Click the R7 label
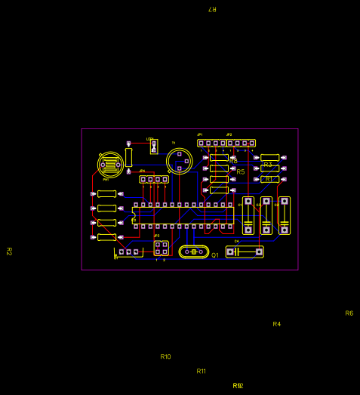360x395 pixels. coord(212,9)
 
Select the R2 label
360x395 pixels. coord(9,252)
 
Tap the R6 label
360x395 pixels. coord(349,313)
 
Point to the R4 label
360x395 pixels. coord(276,324)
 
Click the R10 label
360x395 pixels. coord(165,356)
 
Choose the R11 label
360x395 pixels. coord(201,371)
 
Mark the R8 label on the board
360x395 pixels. coord(234,161)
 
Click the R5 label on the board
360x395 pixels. coord(241,172)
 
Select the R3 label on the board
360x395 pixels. coord(268,165)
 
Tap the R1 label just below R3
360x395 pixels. coord(269,179)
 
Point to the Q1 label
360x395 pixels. coord(215,255)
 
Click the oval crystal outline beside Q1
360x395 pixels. coord(194,252)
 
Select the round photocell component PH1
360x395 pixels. coord(110,163)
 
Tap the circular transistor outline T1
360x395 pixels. coord(180,160)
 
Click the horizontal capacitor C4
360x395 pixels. coord(245,252)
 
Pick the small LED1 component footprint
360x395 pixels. coord(154,146)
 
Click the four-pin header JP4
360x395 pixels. coord(154,179)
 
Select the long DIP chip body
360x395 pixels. coord(183,215)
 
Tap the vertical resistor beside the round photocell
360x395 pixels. coord(129,157)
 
